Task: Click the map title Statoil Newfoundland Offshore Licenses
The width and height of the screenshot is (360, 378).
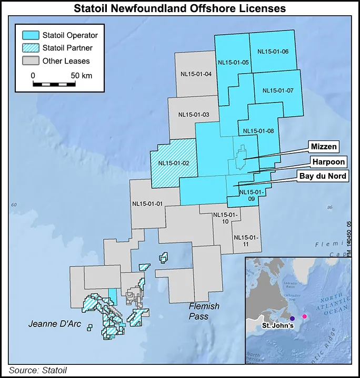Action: pos(180,8)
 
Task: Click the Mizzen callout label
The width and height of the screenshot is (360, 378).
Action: pos(324,146)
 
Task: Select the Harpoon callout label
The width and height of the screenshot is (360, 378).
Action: pos(327,161)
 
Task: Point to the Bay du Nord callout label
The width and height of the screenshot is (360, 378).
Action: pos(323,176)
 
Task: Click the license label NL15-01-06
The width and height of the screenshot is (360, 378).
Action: pos(273,52)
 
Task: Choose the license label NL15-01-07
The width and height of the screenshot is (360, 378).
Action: pos(278,90)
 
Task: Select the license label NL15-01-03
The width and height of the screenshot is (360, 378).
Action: pos(194,114)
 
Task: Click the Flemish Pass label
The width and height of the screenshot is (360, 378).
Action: pos(205,311)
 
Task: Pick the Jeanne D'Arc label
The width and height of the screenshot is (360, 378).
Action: pos(55,324)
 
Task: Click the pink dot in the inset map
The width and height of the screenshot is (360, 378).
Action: pos(304,316)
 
